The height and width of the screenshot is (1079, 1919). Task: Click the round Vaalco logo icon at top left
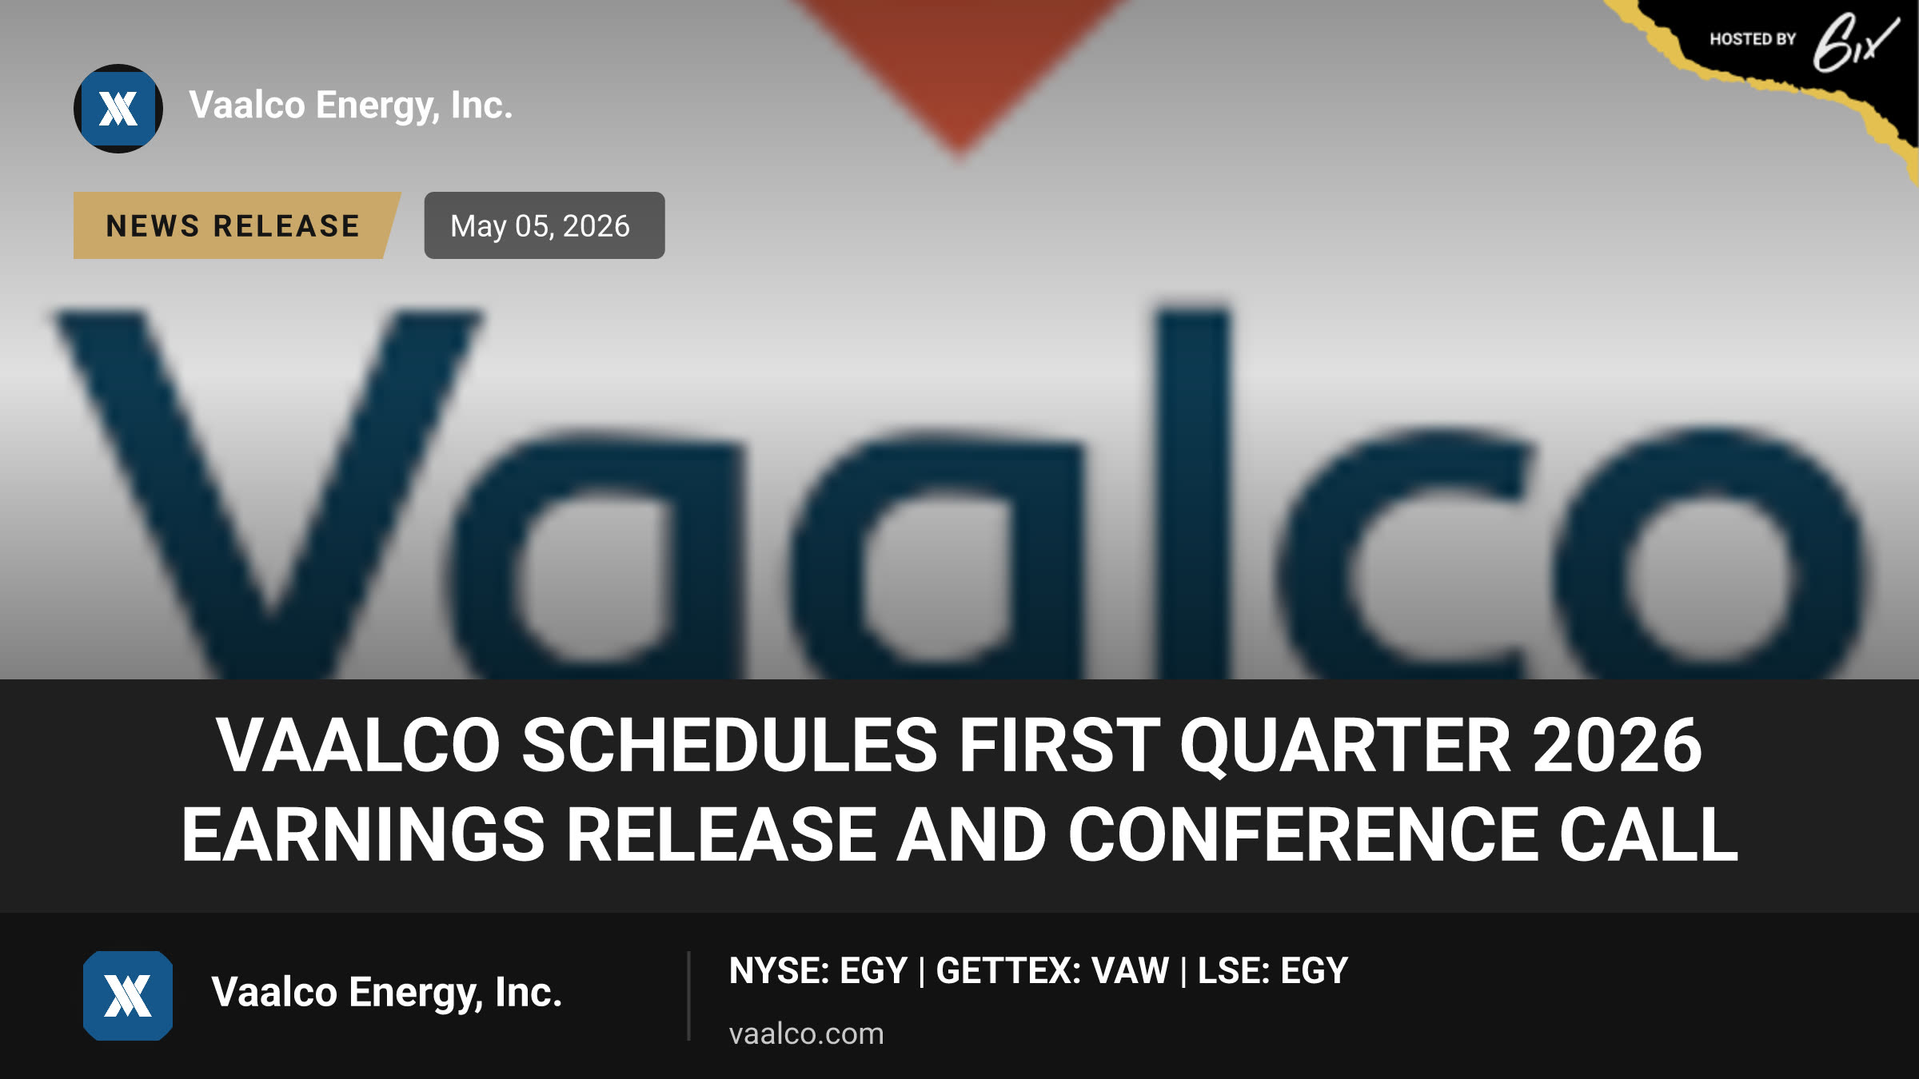(118, 109)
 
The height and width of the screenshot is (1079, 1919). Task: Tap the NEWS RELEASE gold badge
(237, 225)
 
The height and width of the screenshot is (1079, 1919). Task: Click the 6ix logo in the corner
(1855, 42)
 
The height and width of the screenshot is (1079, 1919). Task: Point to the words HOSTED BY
(1753, 39)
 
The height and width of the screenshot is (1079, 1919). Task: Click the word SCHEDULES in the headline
(729, 745)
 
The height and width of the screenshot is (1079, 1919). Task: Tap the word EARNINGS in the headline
(363, 834)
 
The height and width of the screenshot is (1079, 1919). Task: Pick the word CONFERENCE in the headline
(1303, 834)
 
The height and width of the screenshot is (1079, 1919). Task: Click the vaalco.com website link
(806, 1033)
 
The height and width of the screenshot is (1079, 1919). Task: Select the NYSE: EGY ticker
(818, 970)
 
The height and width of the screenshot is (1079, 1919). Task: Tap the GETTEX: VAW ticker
(1052, 970)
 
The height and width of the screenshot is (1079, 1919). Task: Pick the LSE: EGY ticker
(1272, 970)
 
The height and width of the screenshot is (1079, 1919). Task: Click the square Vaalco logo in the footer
(128, 996)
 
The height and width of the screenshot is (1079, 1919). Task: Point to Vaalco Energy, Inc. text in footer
(387, 993)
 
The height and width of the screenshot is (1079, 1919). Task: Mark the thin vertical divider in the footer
(688, 996)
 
